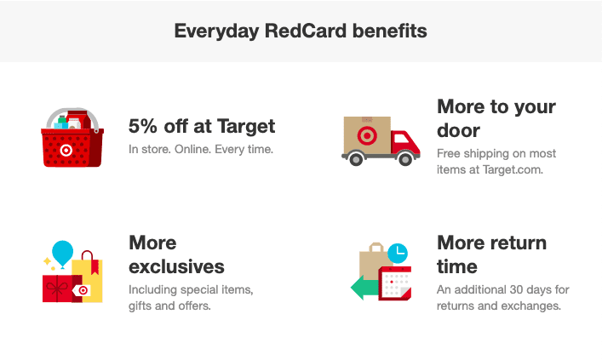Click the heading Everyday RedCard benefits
tap(301, 31)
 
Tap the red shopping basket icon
tap(72, 138)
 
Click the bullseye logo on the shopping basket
tap(66, 150)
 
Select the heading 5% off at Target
tap(202, 126)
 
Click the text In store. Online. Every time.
tap(201, 149)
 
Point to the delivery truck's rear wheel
tap(356, 158)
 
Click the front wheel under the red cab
tap(405, 158)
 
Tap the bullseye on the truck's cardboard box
tap(367, 135)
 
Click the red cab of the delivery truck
tap(404, 143)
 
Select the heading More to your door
tap(496, 118)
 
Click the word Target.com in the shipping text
tap(513, 169)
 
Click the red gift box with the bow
tap(58, 289)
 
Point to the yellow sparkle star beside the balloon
tap(47, 261)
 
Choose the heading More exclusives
tap(176, 254)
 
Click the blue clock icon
tap(398, 253)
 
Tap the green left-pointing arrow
tap(364, 288)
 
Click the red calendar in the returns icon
tap(395, 283)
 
